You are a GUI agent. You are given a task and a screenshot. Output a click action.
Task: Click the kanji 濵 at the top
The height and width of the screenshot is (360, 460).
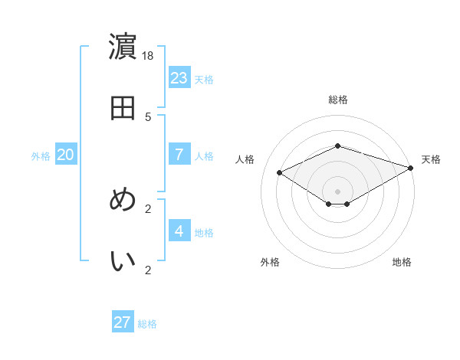(123, 47)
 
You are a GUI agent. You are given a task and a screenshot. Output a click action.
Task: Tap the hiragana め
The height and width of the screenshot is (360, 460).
(123, 200)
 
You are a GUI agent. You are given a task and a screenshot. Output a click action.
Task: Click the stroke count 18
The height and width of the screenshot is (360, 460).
(148, 55)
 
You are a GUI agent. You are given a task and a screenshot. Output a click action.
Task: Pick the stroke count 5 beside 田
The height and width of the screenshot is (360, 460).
(148, 116)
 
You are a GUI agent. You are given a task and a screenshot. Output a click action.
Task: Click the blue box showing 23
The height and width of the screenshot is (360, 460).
(179, 77)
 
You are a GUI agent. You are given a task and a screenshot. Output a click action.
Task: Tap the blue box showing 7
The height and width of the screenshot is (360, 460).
(179, 154)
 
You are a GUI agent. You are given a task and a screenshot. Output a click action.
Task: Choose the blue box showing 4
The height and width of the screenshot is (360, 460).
(179, 231)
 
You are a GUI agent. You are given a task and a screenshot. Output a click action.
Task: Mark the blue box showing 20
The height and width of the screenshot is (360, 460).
(66, 154)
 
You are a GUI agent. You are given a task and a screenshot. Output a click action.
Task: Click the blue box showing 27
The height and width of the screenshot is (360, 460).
(123, 322)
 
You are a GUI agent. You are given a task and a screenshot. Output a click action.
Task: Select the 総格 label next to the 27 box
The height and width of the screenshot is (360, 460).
(147, 324)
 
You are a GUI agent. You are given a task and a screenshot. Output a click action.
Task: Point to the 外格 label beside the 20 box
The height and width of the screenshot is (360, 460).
(41, 156)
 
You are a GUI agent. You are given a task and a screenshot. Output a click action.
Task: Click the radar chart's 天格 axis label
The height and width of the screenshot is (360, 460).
(431, 159)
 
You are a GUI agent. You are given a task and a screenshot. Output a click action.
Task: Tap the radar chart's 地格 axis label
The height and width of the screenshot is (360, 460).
(402, 262)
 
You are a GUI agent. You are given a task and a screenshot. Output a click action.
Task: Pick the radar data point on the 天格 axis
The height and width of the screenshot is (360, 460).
(412, 167)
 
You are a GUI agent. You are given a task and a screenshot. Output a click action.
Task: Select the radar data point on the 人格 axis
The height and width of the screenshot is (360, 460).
(279, 172)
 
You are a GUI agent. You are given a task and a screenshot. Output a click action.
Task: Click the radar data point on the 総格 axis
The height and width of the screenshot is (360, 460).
(337, 146)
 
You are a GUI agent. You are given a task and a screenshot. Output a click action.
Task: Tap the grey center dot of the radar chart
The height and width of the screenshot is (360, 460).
(337, 191)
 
